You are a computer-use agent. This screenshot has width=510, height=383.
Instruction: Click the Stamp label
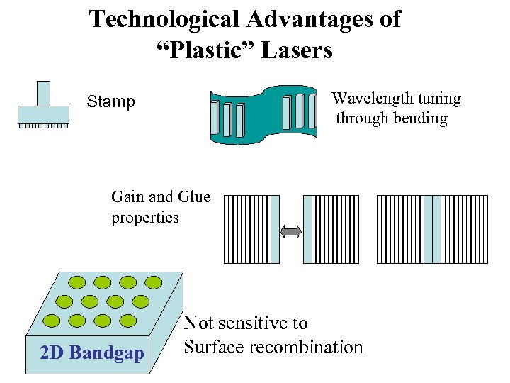(110, 102)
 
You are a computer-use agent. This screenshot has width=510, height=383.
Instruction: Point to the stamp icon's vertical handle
(43, 93)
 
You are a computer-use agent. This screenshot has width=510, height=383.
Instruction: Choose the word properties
(144, 218)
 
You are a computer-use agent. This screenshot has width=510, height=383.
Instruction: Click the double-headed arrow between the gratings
(291, 231)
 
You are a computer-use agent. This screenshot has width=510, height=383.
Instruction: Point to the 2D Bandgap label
(92, 353)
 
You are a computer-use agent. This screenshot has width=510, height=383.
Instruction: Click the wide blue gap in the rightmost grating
(432, 229)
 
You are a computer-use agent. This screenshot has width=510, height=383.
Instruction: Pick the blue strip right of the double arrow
(307, 229)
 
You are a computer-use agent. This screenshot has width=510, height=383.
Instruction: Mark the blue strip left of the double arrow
(276, 229)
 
